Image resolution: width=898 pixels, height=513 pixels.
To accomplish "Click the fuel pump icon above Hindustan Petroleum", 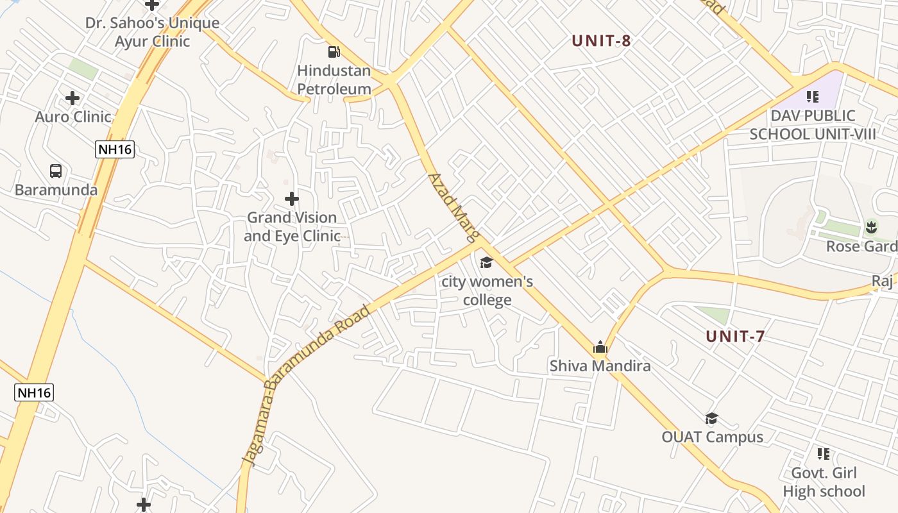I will (x=334, y=52).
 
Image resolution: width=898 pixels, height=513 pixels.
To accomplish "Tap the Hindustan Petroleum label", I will (x=334, y=80).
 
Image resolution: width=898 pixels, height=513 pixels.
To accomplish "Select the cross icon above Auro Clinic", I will (x=72, y=98).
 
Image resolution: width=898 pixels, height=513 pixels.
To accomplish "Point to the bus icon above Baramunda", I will (x=56, y=171).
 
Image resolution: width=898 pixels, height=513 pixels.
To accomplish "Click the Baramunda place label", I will (x=56, y=190).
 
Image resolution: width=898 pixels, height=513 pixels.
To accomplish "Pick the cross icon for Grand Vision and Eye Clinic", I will (x=292, y=199).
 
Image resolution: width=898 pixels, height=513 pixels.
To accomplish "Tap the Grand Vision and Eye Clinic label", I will (x=292, y=226).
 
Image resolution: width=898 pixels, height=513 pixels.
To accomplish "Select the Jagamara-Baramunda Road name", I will (x=306, y=384).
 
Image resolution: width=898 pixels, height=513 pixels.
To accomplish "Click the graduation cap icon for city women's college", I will (x=486, y=262).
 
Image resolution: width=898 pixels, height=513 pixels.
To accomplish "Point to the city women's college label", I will (x=487, y=290).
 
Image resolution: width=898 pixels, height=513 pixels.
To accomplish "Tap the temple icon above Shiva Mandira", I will (x=600, y=348).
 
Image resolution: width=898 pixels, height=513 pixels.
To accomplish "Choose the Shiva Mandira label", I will (x=600, y=366).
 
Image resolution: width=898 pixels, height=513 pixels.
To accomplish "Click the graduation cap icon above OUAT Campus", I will (x=711, y=419).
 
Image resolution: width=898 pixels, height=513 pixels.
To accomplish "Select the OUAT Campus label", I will (x=713, y=437).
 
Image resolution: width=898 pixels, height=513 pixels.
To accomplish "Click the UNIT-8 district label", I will (x=602, y=41).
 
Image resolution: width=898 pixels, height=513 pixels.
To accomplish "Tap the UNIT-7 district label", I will (x=735, y=336).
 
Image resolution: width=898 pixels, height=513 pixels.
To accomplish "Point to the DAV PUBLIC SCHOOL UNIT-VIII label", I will (x=813, y=125).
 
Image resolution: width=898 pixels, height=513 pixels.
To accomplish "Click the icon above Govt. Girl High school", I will (x=824, y=455).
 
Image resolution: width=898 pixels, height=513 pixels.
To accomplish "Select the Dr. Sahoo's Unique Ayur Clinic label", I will (x=153, y=32).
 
